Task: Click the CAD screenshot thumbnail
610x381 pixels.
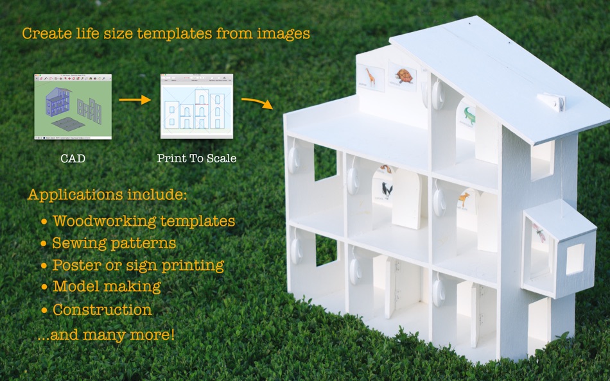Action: coord(73,106)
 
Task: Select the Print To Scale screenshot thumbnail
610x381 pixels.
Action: coord(197,106)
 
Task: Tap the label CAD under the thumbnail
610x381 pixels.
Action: coord(73,158)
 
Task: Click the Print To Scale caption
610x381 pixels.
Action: coord(196,158)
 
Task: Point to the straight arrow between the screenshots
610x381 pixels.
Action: coord(135,100)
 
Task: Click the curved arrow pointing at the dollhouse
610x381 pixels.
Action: coord(257,103)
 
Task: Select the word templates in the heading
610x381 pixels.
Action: coord(174,34)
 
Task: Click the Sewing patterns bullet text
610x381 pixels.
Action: coord(114,243)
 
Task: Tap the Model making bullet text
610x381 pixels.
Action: coord(107,287)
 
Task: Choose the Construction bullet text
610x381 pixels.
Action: coord(102,310)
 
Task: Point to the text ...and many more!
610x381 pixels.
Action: coord(106,335)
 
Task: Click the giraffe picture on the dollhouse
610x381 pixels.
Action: coord(370,77)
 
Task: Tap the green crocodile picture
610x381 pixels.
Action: coord(469,115)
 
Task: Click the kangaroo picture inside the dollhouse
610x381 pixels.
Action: coord(463,201)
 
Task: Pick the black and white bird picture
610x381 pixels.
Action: coord(387,190)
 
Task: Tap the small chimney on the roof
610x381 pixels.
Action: coord(552,102)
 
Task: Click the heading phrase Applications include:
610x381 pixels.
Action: coord(107,194)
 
